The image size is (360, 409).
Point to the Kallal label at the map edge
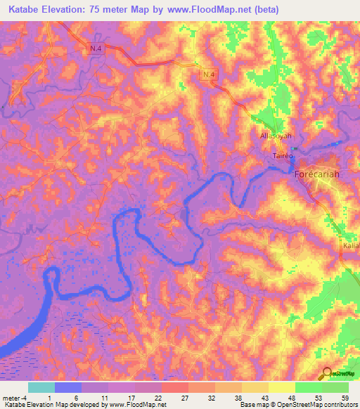pos(351,247)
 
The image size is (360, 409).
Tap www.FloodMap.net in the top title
pos(211,10)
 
